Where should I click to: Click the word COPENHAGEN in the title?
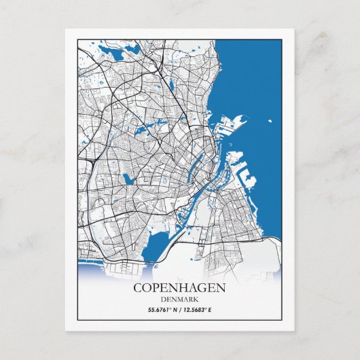click(179, 288)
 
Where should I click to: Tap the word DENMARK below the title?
click(179, 300)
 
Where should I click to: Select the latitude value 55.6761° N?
click(164, 310)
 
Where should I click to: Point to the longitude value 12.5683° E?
click(197, 310)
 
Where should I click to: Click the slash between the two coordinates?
click(181, 310)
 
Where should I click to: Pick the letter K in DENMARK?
click(196, 300)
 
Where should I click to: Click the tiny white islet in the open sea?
click(270, 122)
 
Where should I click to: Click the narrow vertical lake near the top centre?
click(171, 85)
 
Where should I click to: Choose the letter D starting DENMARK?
click(164, 300)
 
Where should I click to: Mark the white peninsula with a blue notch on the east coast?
click(249, 182)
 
